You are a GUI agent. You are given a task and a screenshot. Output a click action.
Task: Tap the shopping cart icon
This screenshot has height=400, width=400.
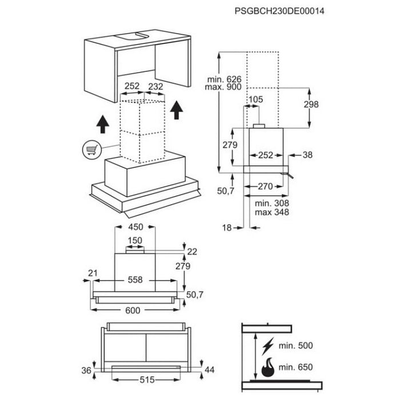[x=91, y=150]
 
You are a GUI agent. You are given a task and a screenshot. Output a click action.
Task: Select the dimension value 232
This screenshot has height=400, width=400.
[x=155, y=87]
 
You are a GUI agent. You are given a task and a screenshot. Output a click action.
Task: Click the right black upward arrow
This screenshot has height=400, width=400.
[x=178, y=109]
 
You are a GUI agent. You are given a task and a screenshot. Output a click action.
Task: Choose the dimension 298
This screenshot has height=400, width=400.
[x=311, y=105]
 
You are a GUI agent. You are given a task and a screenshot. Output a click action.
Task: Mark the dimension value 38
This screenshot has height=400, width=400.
[x=308, y=154]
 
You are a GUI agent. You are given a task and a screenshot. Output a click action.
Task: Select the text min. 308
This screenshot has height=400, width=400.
[x=272, y=203]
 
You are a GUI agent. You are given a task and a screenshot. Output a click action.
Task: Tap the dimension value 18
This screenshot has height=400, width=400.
[x=227, y=227]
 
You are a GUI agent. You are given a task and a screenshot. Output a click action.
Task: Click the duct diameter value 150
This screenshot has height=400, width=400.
[x=135, y=241]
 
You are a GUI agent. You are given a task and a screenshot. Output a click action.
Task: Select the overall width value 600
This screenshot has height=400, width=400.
[x=133, y=310]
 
